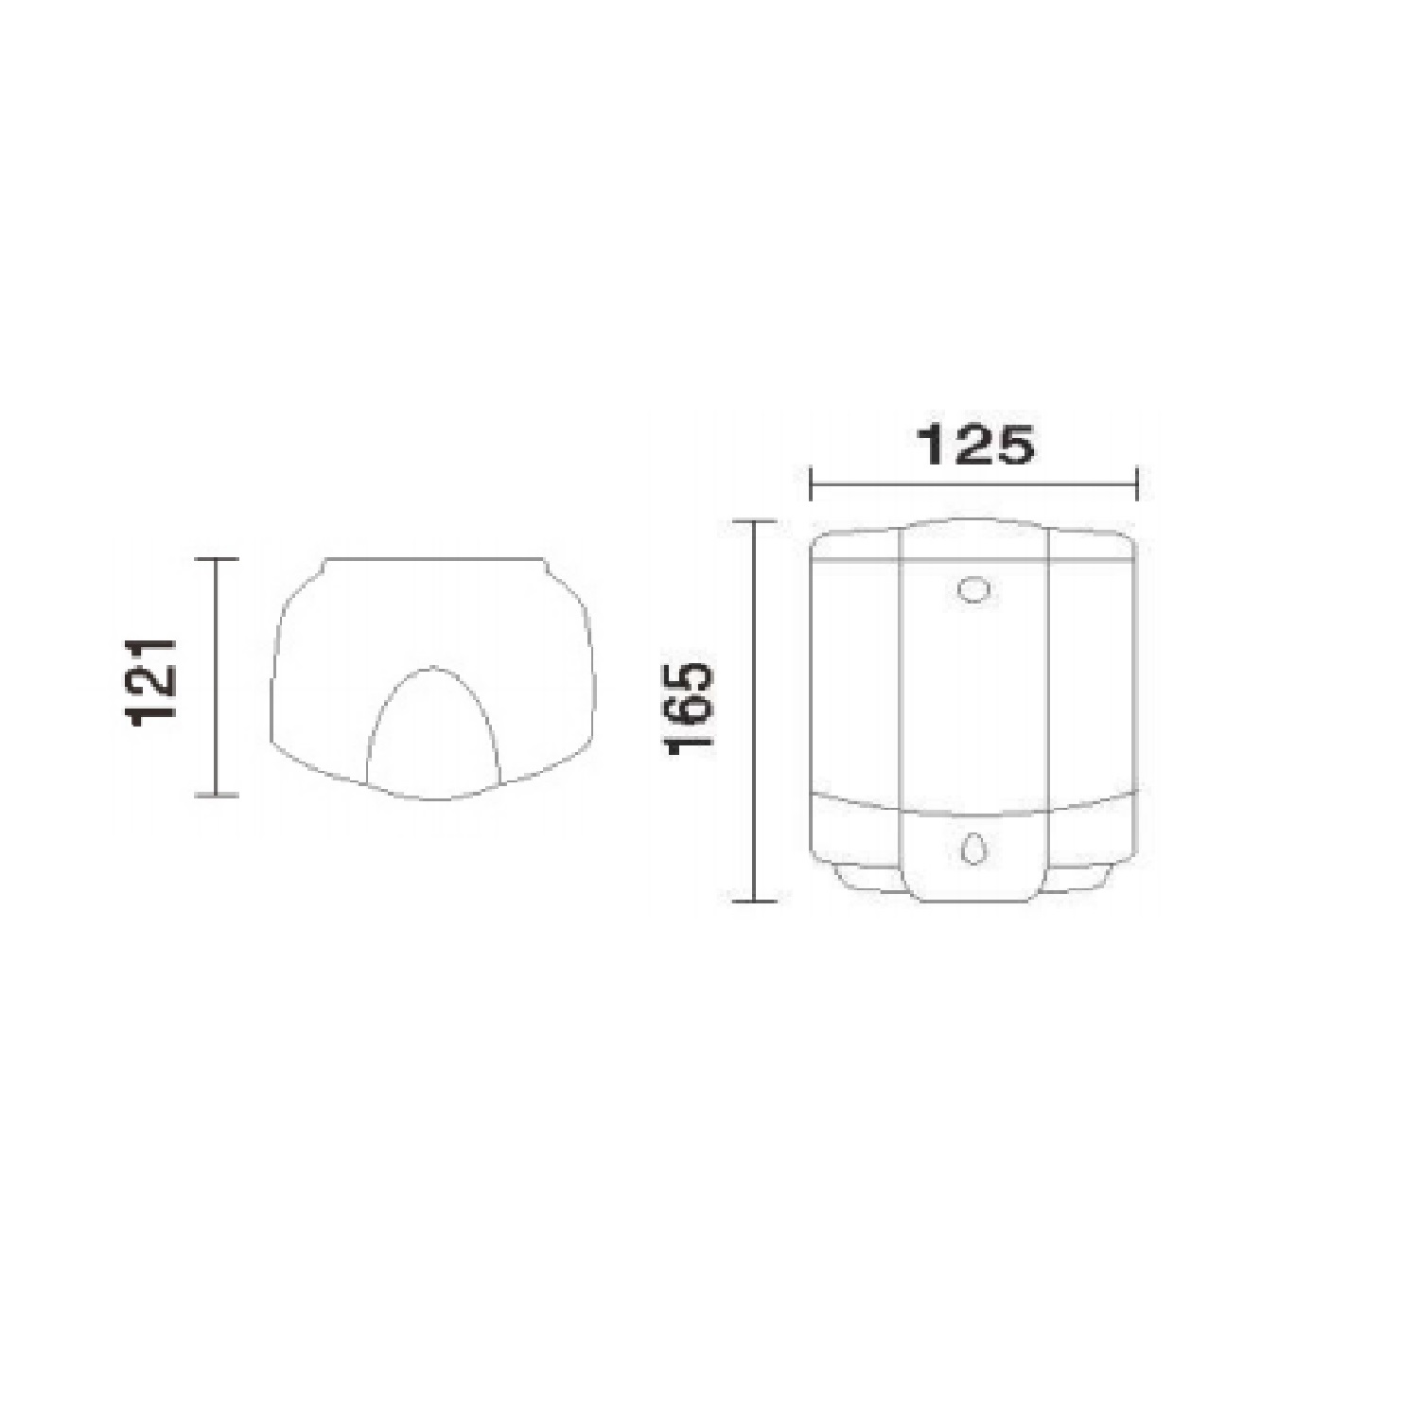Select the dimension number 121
151,681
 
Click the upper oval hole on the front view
972,588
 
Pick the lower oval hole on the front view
972,847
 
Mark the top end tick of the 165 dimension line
753,521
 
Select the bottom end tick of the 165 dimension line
753,902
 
